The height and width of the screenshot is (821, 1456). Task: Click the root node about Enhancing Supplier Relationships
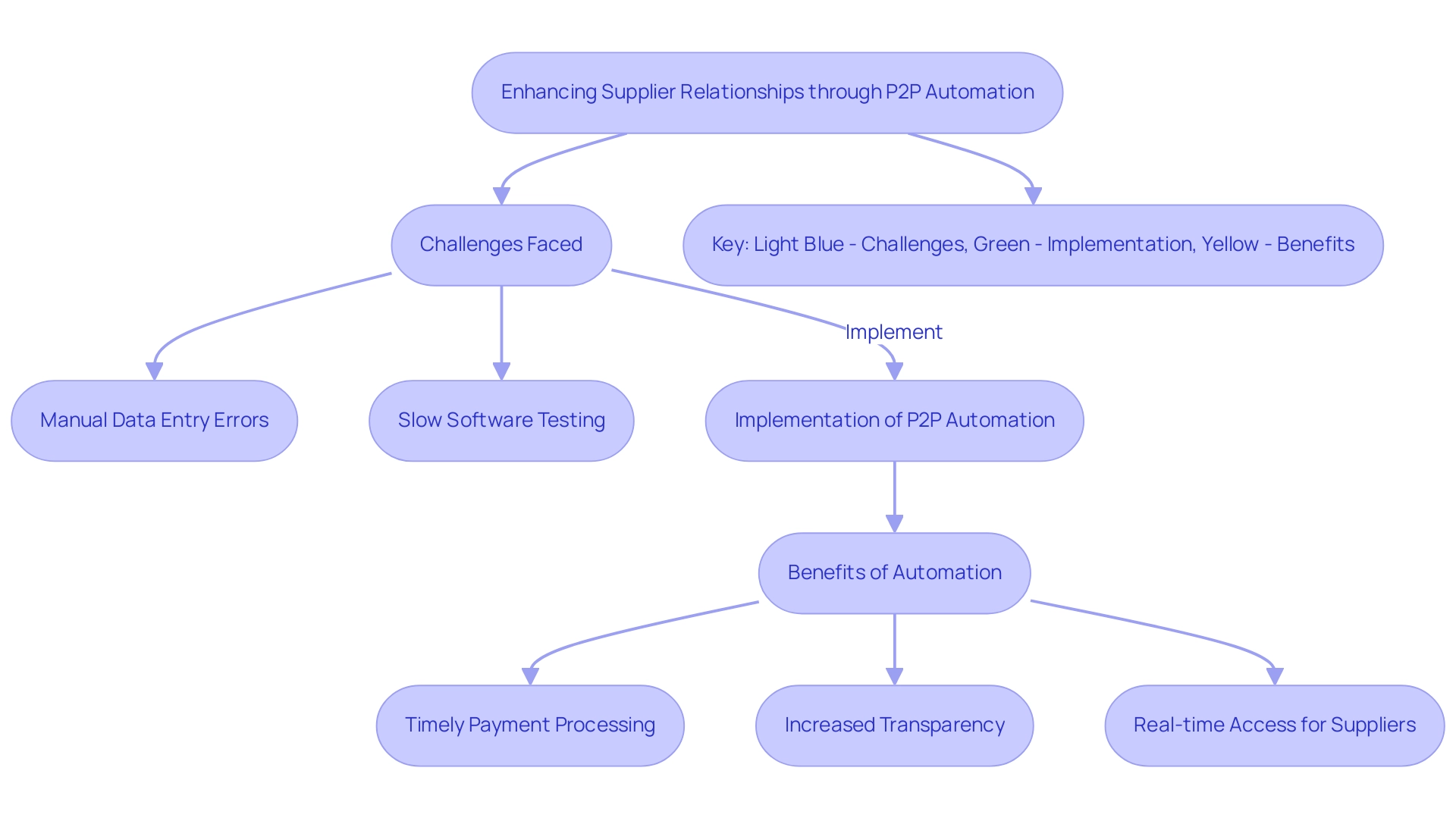coord(767,92)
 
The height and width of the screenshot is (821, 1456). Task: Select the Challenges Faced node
coord(501,245)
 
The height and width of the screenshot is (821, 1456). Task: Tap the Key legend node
coord(1033,245)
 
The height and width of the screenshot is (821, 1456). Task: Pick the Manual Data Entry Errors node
coord(155,421)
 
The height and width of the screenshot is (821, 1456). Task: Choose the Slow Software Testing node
coord(501,421)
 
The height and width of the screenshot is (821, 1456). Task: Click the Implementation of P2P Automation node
coord(895,421)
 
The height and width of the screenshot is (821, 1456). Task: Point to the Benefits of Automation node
coord(895,573)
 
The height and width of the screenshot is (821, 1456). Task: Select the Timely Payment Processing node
coord(530,725)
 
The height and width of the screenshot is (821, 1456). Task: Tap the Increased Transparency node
coord(895,725)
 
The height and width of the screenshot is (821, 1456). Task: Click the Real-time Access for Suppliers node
coord(1275,725)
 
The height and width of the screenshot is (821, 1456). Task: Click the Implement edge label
coord(894,332)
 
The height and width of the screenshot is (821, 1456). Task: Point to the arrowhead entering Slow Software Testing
coord(501,371)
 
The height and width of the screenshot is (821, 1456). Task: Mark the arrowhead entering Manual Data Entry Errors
coord(155,371)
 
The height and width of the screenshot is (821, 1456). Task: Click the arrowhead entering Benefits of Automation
coord(895,524)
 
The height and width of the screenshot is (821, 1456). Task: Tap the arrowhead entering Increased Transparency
coord(895,676)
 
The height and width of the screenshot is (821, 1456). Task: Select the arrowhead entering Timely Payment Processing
coord(531,676)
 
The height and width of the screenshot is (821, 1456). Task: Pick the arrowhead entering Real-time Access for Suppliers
coord(1275,676)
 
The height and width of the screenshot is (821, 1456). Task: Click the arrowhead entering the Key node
coord(1033,196)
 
